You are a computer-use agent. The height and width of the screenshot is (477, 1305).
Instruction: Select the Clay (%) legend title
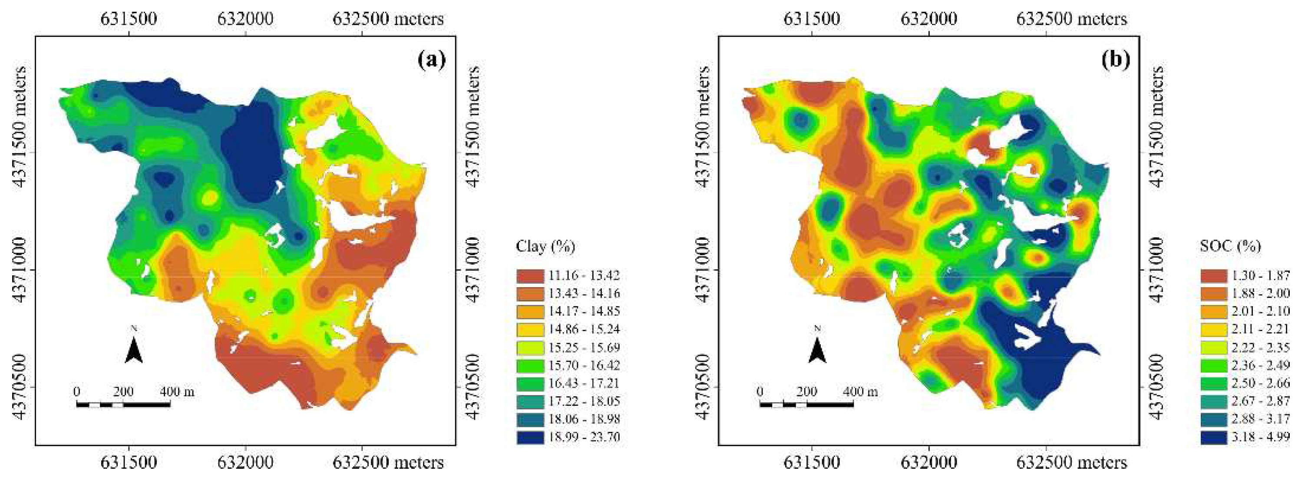[545, 247]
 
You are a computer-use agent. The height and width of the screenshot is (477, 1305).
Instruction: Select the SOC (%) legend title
[1230, 247]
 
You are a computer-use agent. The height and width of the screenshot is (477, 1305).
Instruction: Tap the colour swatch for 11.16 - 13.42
[529, 276]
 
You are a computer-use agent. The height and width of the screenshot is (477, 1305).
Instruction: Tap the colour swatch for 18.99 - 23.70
[529, 437]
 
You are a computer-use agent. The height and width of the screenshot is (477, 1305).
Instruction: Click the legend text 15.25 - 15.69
[584, 348]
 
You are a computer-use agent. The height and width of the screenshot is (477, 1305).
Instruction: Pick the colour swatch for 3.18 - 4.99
[1213, 437]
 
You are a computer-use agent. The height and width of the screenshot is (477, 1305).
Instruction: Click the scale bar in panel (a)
[123, 404]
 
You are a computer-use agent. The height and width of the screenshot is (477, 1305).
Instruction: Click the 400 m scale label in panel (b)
[861, 392]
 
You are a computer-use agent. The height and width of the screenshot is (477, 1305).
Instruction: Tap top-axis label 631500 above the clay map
[129, 19]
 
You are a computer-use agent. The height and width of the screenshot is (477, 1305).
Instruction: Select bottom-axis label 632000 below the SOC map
[928, 462]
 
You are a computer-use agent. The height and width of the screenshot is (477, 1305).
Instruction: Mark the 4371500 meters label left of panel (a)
[20, 127]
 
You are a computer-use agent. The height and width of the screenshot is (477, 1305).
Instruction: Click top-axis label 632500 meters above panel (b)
[1071, 19]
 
